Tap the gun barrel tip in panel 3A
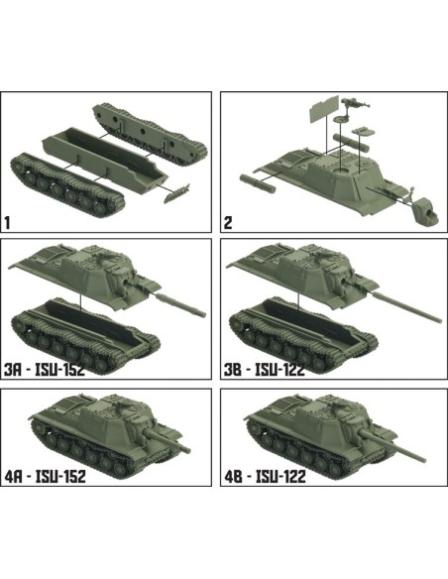pos(202,313)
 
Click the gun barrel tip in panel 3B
pos(436,315)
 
